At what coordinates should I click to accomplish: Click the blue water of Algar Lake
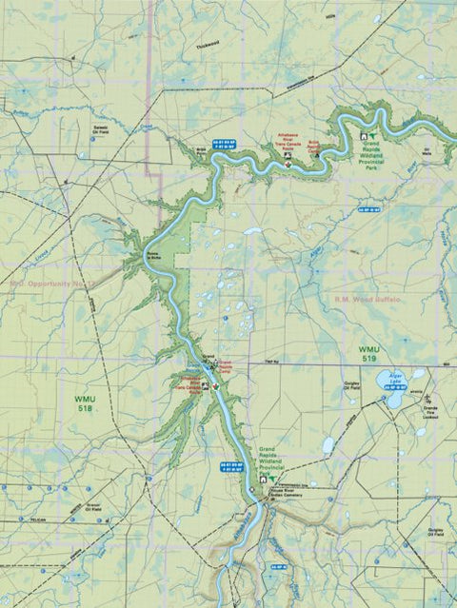[x=393, y=384]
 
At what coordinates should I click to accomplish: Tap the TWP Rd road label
[x=271, y=362]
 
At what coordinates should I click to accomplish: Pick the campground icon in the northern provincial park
[x=363, y=139]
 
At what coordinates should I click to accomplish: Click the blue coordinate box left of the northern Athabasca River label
[x=248, y=145]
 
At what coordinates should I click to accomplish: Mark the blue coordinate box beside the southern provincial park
[x=228, y=466]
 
